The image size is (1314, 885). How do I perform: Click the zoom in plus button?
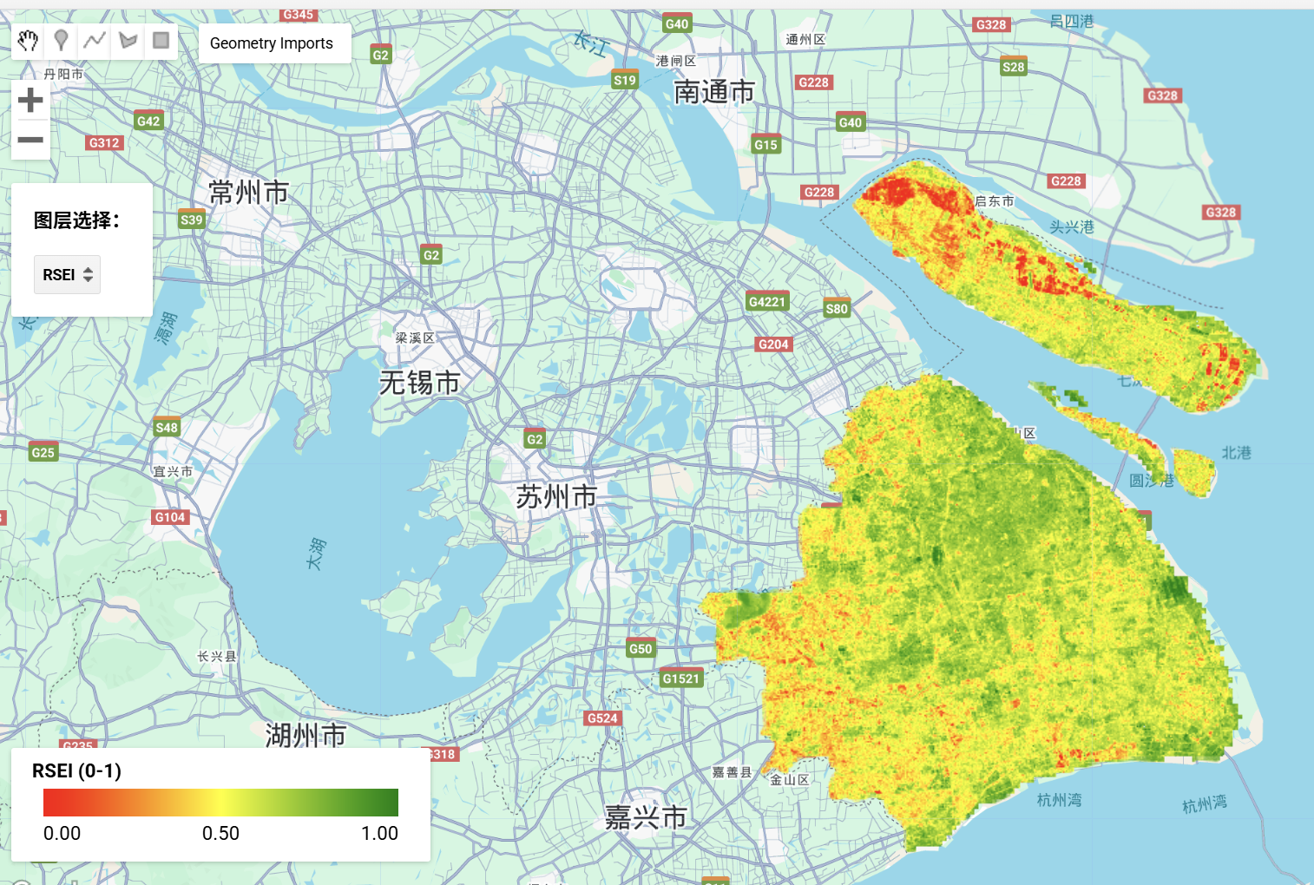tap(30, 101)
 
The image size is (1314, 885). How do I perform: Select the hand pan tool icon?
tap(28, 41)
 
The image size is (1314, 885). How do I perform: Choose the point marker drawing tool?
tap(61, 41)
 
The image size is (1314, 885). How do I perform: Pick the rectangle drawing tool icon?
tap(161, 41)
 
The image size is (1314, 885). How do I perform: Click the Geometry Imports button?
tap(272, 43)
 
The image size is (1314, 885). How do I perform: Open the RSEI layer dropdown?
tap(67, 275)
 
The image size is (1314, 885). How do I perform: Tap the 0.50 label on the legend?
tap(220, 834)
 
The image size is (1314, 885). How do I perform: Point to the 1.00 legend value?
tap(379, 834)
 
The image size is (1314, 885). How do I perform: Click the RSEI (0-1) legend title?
tap(76, 771)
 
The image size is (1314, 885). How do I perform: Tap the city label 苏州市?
tap(556, 496)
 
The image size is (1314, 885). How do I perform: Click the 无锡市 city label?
tap(419, 383)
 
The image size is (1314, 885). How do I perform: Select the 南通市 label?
tap(713, 92)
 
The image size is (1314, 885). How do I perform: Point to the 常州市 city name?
tap(248, 192)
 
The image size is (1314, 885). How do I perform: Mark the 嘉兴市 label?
tap(646, 816)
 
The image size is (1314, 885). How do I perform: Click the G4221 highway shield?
tap(766, 302)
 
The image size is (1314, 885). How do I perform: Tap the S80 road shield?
tap(837, 309)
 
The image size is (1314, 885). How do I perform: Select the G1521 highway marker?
tap(680, 678)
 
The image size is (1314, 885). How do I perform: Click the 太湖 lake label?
tap(317, 554)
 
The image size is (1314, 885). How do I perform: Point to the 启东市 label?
tap(995, 201)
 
